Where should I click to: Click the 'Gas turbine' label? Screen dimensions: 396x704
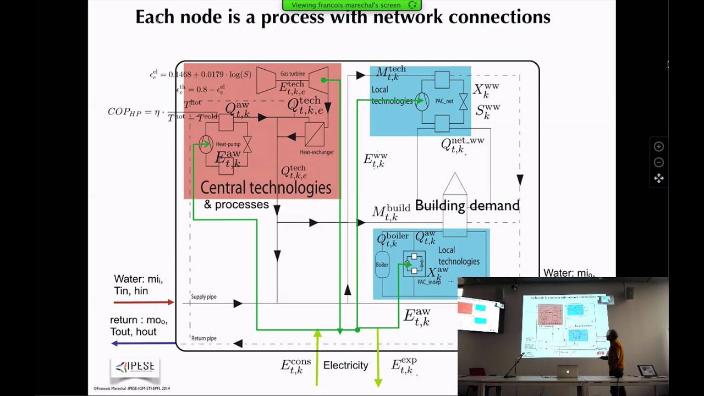click(292, 74)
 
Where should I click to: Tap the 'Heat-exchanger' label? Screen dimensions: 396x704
click(316, 152)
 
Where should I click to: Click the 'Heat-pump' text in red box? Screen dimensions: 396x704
click(228, 144)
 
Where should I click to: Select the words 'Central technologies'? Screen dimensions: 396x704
click(266, 188)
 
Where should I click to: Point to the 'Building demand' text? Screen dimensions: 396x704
click(467, 206)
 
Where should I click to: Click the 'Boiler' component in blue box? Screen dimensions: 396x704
click(382, 265)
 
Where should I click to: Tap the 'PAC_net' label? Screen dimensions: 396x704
click(444, 101)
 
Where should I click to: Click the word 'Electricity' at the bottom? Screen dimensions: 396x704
click(345, 365)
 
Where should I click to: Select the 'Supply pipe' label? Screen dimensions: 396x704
click(204, 297)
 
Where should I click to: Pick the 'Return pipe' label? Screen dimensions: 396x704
click(204, 338)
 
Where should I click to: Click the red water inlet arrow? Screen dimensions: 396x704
click(143, 302)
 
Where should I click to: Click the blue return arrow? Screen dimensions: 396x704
click(143, 343)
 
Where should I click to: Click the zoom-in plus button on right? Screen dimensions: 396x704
click(658, 146)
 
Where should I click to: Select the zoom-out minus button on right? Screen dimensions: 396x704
click(658, 162)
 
